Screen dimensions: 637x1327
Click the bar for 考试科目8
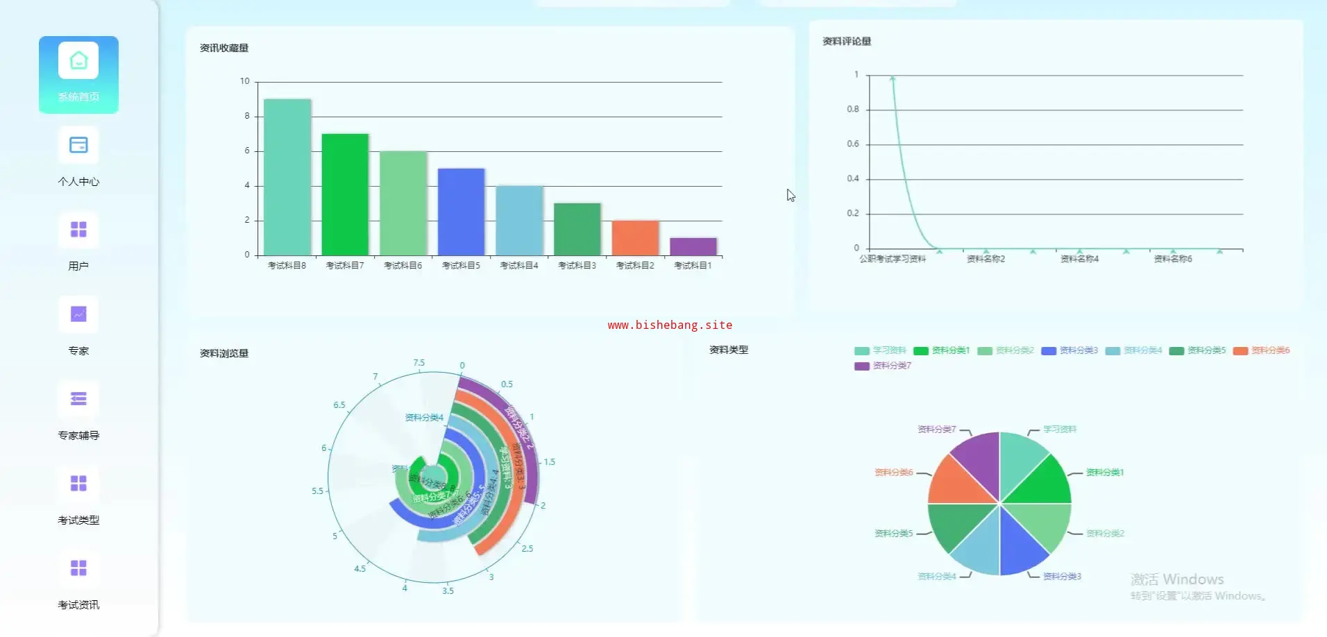(287, 177)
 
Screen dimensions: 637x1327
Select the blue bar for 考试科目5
(461, 212)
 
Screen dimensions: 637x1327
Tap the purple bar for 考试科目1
(693, 246)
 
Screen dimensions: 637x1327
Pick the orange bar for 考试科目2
(635, 237)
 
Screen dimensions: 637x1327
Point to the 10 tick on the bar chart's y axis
(244, 81)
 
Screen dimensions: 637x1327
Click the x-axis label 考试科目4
(519, 266)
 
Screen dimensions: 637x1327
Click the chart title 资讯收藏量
(224, 48)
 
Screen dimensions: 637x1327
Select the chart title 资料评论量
(847, 42)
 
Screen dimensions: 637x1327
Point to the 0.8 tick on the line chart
(853, 109)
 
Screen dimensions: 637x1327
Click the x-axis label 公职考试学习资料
(893, 259)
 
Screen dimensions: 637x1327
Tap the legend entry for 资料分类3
(1070, 350)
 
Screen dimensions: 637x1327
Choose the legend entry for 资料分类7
(884, 366)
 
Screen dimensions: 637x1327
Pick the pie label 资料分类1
(1105, 473)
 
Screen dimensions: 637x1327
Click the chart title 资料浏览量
(224, 353)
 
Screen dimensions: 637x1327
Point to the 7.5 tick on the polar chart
(419, 363)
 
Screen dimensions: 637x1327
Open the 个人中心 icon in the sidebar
(78, 146)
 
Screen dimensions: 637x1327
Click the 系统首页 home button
(78, 74)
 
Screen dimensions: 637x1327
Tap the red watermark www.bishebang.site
(670, 325)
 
